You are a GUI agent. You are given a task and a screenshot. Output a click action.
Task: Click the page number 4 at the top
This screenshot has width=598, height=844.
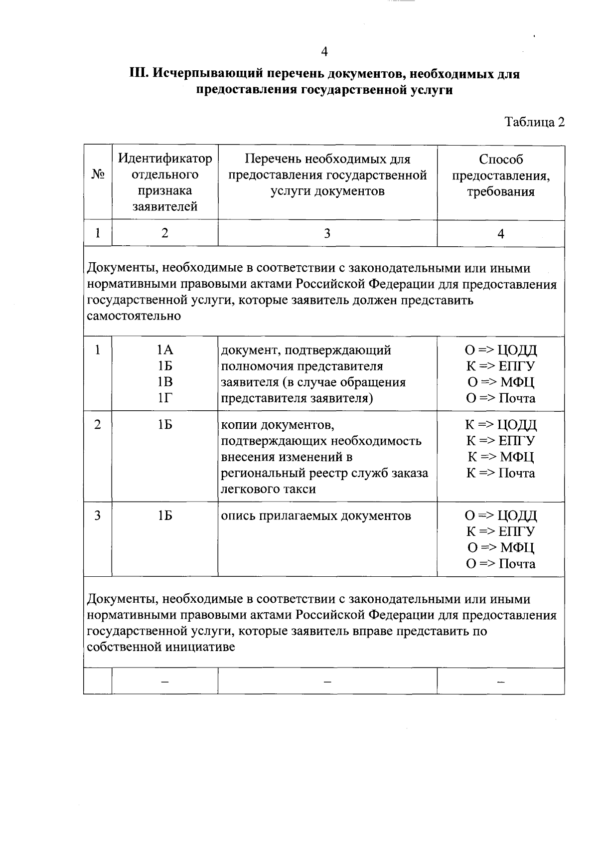coord(324,52)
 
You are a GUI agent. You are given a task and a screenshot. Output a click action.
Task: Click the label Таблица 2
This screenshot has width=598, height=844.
coord(534,123)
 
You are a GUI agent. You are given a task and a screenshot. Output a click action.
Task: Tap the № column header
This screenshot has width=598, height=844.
coord(98,174)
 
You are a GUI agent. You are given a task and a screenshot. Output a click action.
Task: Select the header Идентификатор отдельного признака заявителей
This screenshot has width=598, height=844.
coord(165,182)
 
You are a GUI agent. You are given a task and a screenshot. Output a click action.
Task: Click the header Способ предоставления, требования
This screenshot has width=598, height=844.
coord(501,175)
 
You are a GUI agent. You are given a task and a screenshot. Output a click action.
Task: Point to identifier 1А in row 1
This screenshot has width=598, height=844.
coord(165,350)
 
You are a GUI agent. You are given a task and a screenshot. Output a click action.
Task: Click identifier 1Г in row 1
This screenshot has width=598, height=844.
coord(165,398)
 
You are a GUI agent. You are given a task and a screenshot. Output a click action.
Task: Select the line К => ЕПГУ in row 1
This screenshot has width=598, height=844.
coord(500,366)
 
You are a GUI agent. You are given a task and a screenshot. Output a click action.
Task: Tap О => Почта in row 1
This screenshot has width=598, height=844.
coord(500,398)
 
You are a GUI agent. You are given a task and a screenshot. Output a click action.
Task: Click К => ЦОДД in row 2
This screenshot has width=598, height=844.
coord(500,425)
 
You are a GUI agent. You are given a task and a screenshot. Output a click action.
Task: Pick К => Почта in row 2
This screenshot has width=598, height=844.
coord(500,473)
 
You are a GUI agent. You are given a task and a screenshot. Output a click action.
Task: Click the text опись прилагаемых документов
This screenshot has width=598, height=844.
coord(316,516)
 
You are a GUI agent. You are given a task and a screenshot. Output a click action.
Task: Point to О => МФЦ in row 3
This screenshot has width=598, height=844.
coord(500,548)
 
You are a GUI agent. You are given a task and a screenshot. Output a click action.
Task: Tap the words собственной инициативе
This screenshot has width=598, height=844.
coord(160,648)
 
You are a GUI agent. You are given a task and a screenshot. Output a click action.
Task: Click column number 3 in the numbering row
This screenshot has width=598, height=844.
coord(327,234)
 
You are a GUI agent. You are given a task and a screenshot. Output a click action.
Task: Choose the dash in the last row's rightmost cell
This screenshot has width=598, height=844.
coord(500,681)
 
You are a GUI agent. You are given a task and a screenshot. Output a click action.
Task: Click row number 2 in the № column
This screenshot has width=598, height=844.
coord(98,425)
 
